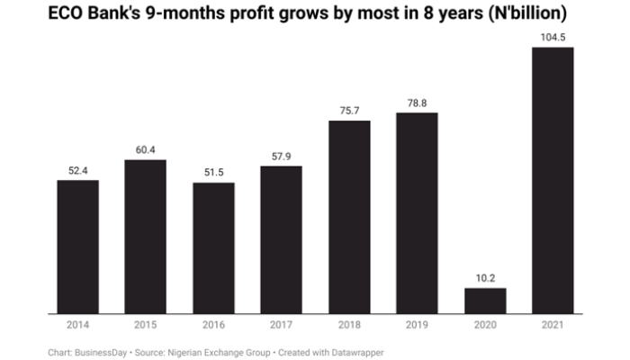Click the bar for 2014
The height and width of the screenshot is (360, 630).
78,247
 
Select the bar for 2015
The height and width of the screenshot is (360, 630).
146,237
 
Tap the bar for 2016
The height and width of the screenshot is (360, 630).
213,248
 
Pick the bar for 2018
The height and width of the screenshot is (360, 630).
349,217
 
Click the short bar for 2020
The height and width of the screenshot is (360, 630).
485,301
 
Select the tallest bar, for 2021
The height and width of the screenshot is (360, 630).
553,180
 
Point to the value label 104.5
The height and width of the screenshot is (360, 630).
553,36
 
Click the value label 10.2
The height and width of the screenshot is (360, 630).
485,277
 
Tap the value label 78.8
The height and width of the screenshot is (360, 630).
418,102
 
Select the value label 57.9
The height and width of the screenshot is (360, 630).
282,156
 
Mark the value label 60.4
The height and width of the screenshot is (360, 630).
146,149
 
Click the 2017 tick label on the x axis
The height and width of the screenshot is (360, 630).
282,325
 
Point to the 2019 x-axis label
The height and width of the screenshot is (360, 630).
418,325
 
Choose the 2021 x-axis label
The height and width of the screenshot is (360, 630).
553,325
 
